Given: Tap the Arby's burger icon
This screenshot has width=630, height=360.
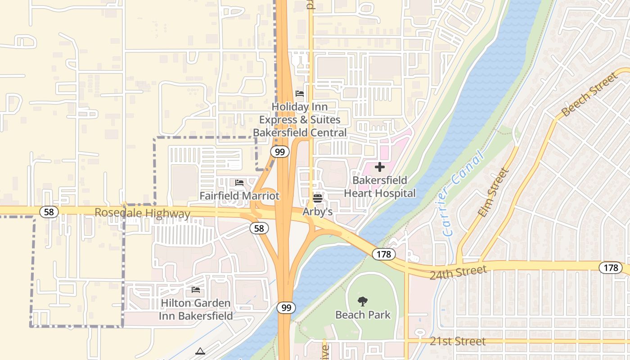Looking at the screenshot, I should [x=318, y=198].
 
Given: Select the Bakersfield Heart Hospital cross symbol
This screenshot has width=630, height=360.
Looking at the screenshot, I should [x=380, y=167].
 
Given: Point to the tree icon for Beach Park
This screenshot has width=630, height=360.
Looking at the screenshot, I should [x=363, y=301].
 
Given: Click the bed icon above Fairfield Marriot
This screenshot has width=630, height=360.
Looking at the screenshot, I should [x=239, y=183].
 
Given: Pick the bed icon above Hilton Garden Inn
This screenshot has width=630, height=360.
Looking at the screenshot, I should [x=196, y=290].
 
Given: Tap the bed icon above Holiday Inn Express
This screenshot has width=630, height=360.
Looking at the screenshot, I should [x=300, y=94].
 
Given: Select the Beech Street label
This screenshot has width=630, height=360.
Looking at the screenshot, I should [x=590, y=94].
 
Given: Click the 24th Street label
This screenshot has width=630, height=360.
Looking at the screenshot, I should [x=458, y=272].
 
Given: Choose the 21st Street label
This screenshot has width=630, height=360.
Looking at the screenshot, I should [x=458, y=342].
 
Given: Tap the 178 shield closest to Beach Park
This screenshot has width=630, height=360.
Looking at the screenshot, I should [x=383, y=254].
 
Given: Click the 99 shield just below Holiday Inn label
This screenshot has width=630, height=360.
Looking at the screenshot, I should [x=280, y=152].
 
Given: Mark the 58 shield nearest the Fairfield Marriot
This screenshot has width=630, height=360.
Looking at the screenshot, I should [x=259, y=229].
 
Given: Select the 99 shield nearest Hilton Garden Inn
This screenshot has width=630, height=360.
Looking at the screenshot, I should [x=286, y=308].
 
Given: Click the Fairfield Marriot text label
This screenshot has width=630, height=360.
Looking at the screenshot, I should [x=239, y=196].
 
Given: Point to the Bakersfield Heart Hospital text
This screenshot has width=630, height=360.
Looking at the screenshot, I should [x=380, y=187].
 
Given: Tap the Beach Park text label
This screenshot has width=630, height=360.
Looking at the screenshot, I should [x=363, y=315].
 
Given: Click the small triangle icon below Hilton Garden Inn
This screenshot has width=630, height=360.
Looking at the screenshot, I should [x=200, y=351].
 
